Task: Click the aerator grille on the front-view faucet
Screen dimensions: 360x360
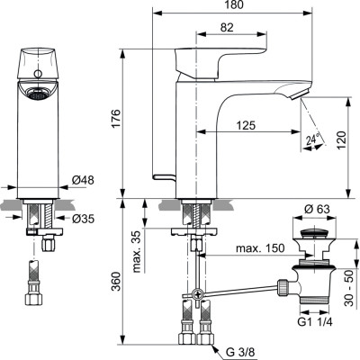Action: tap(35, 92)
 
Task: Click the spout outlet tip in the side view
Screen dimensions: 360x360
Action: tap(302, 96)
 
